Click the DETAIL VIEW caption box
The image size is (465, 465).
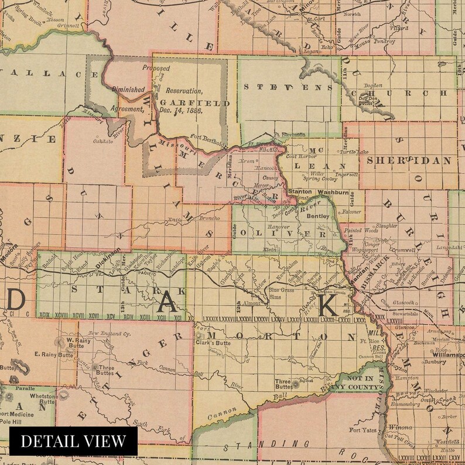[x=73, y=440]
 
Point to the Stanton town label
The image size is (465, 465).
[x=300, y=192]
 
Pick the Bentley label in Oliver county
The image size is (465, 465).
[x=318, y=216]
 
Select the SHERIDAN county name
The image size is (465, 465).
[x=409, y=160]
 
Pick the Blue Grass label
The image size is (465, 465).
[x=281, y=290]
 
